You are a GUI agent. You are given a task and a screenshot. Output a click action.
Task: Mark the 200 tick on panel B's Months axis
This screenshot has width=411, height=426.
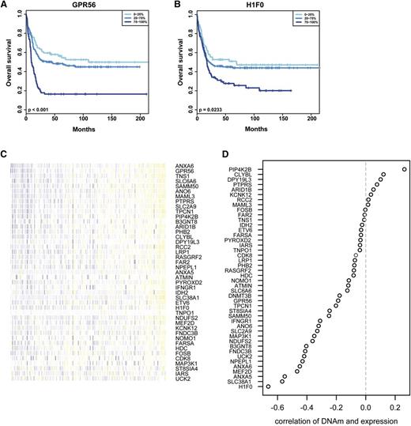pos(311,117)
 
